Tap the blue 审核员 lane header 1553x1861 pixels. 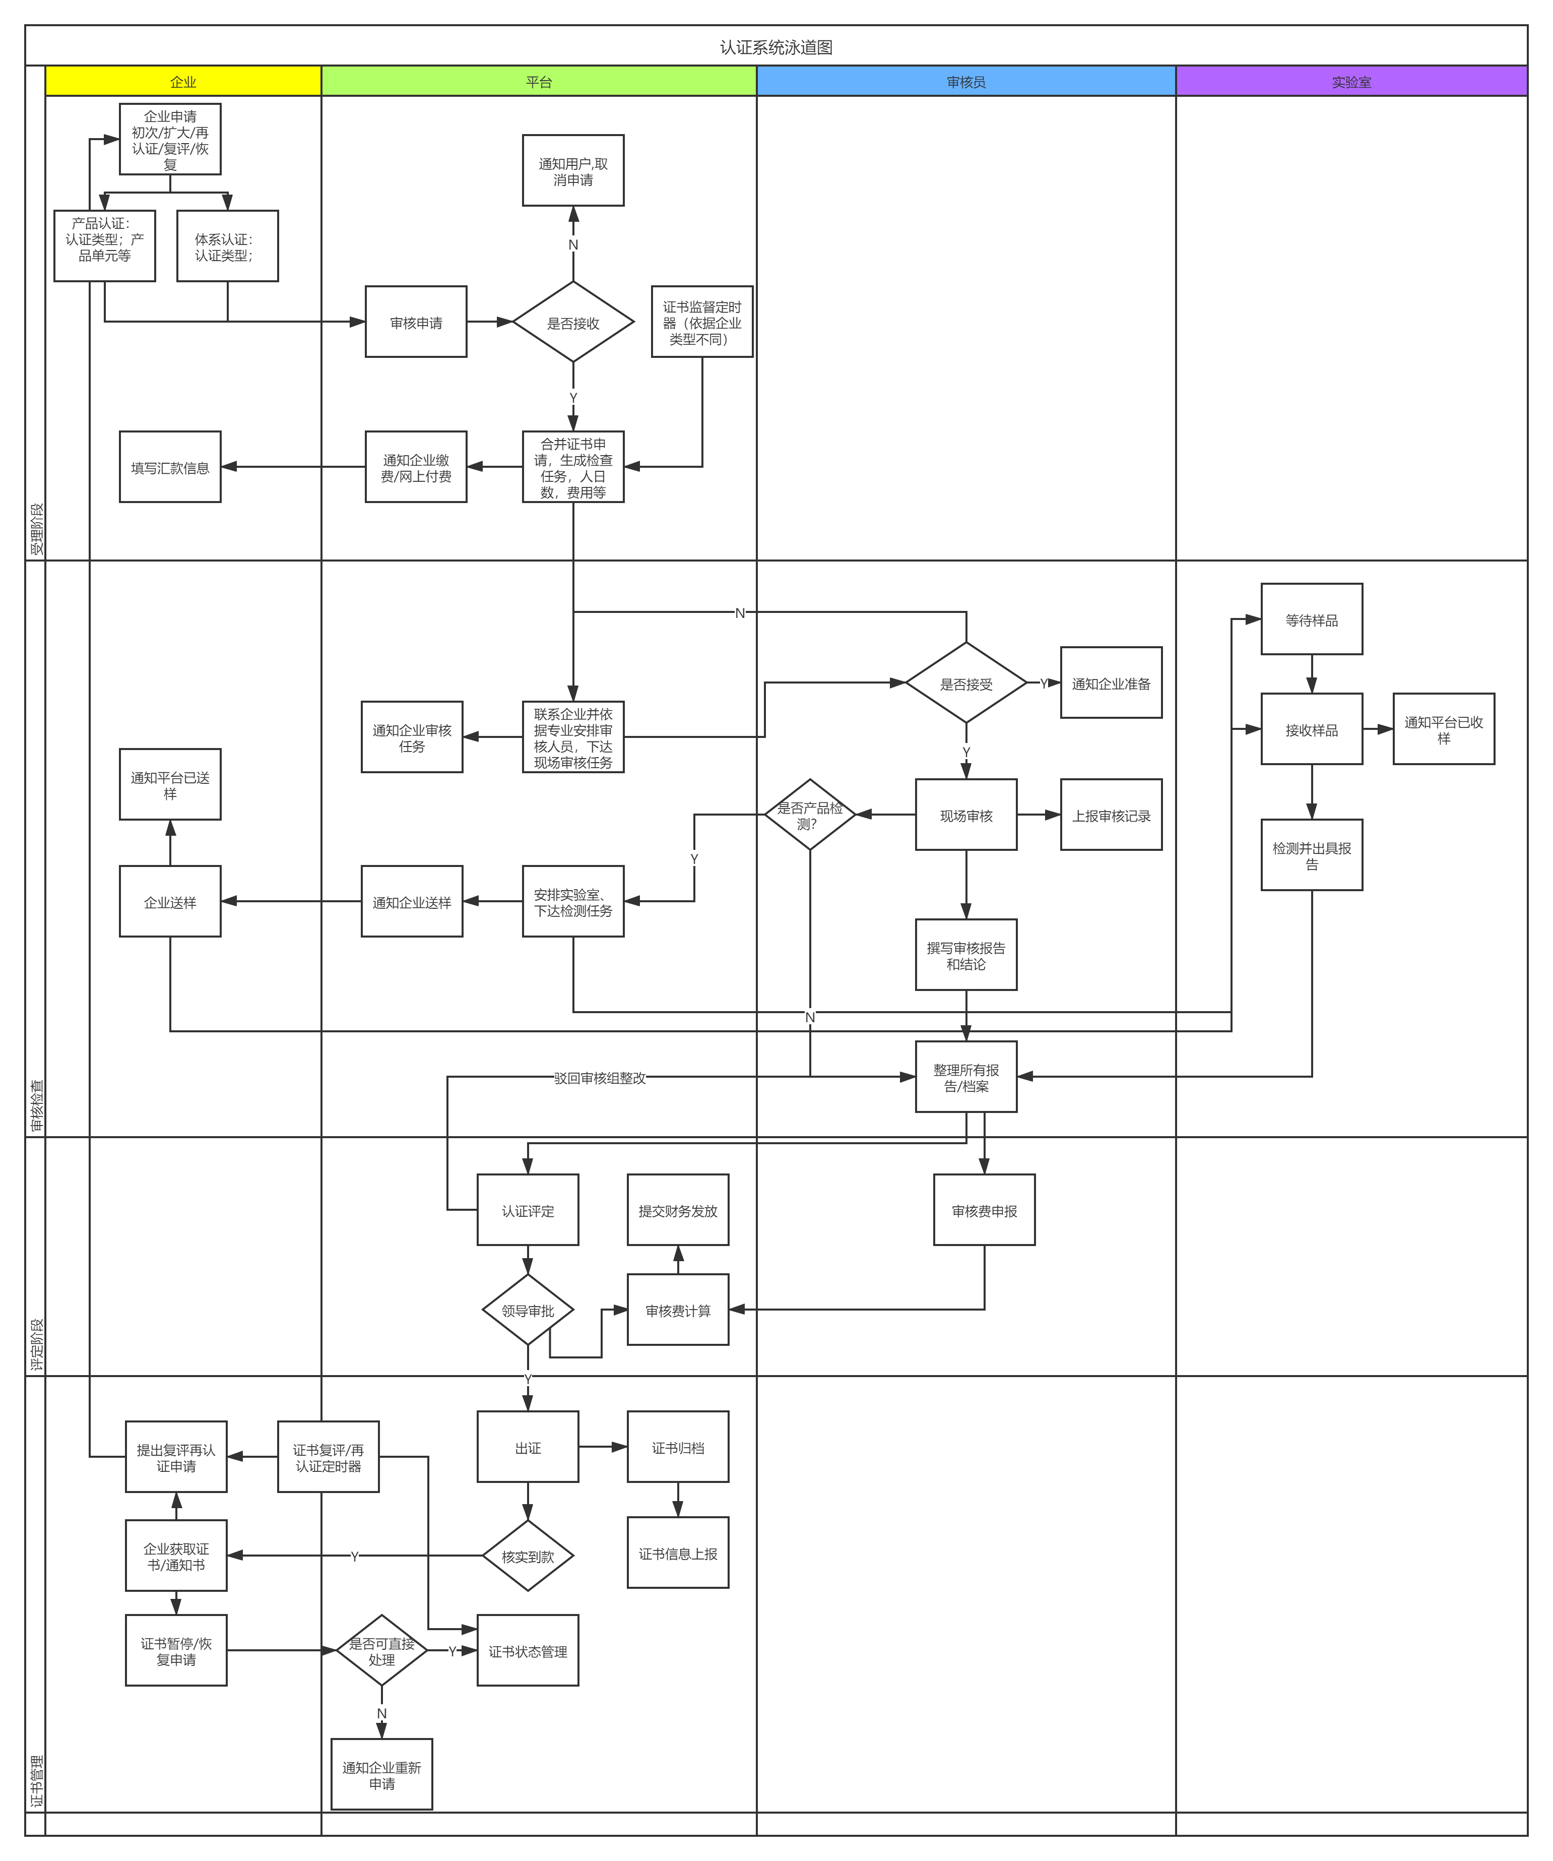click(965, 82)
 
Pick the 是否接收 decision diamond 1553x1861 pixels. click(573, 323)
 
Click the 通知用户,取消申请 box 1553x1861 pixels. click(573, 171)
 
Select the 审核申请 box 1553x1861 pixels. click(416, 323)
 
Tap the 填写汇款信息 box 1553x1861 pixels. click(170, 467)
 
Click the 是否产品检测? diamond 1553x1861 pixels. click(810, 815)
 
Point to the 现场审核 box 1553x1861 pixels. click(965, 815)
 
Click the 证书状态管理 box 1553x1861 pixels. click(528, 1651)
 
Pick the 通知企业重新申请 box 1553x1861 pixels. click(382, 1774)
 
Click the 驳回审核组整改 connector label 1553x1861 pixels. click(600, 1078)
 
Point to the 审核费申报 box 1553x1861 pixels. click(984, 1211)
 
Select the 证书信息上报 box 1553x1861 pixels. click(678, 1554)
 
